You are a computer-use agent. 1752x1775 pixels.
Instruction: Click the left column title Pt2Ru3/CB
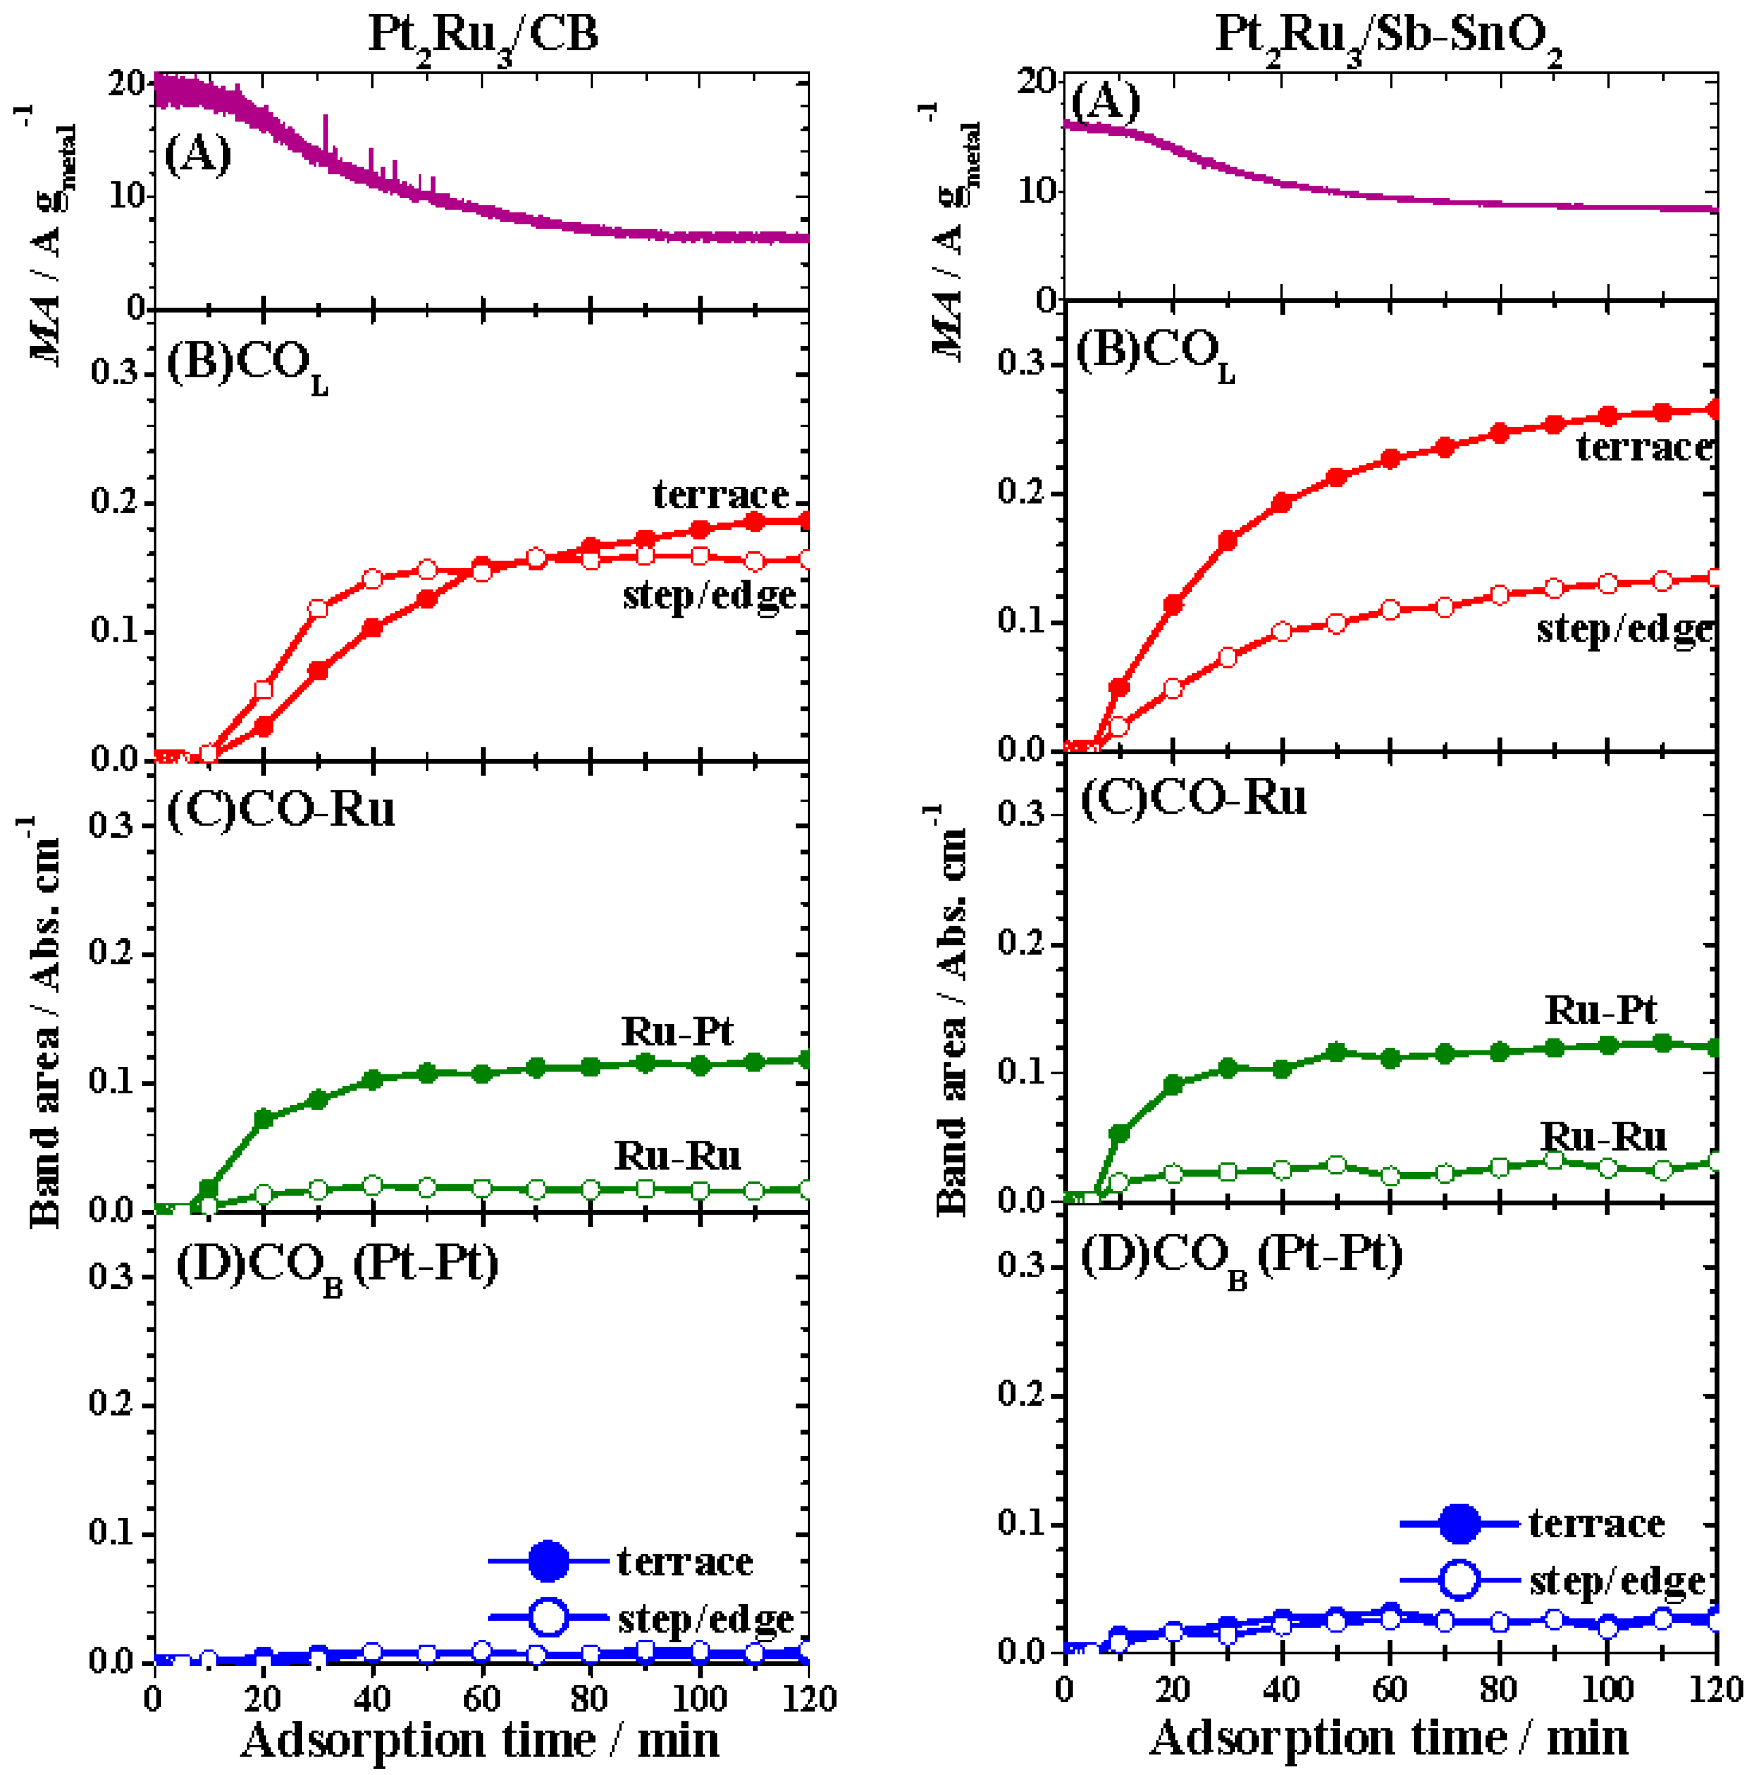[483, 35]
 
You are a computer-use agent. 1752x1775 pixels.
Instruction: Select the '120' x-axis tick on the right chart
[1715, 1688]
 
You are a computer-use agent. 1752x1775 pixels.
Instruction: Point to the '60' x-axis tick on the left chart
[481, 1698]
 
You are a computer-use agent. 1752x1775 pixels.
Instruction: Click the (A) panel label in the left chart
[197, 154]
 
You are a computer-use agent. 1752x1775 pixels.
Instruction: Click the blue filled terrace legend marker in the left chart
[548, 1561]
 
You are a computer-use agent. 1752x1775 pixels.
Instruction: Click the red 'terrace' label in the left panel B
[720, 494]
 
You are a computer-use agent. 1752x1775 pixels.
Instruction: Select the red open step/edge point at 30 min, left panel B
[318, 608]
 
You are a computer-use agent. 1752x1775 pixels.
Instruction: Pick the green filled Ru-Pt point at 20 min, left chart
[264, 1119]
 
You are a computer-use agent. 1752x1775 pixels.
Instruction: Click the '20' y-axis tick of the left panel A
[126, 84]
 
